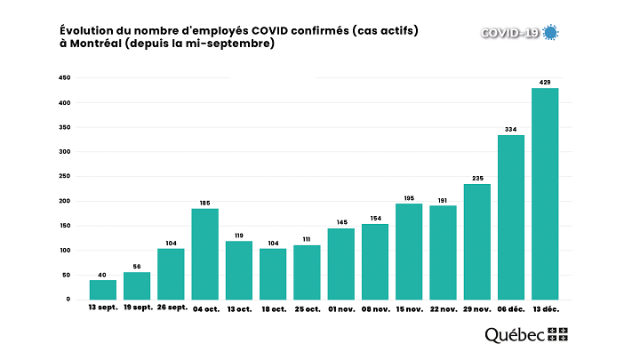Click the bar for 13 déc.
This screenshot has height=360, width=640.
click(x=545, y=194)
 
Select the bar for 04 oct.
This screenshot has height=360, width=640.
click(x=204, y=253)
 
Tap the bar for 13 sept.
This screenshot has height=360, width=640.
click(x=103, y=289)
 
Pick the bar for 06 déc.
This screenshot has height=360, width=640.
click(x=511, y=217)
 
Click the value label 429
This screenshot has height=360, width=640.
click(x=545, y=82)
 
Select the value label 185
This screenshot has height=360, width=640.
click(x=204, y=203)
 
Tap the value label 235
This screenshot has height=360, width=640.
click(x=477, y=178)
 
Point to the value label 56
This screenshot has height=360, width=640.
click(x=137, y=266)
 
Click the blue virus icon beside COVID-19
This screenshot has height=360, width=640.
click(x=551, y=33)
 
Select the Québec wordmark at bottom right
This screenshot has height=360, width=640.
click(x=515, y=335)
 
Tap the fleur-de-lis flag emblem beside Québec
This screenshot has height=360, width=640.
click(x=558, y=334)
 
